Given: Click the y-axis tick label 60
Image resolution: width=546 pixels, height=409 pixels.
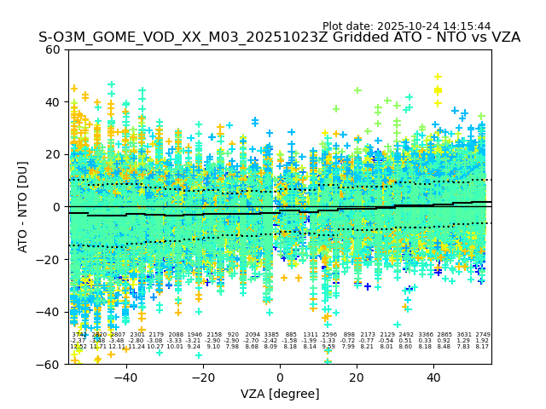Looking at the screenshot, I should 54,49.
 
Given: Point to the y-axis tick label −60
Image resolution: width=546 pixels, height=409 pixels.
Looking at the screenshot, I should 50,365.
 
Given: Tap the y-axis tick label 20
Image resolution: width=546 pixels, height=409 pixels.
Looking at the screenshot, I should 54,154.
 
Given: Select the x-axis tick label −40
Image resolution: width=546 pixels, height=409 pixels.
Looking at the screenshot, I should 125,377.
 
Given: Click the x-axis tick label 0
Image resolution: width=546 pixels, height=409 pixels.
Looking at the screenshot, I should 280,377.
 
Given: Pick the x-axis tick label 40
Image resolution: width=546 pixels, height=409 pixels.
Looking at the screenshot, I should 433,377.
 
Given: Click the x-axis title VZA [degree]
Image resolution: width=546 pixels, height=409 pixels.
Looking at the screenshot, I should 280,394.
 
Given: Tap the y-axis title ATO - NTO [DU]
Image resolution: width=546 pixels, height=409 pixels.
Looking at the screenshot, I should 24,206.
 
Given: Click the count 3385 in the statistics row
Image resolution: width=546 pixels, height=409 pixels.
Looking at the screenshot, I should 271,335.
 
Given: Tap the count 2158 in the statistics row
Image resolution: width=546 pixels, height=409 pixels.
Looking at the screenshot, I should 213,335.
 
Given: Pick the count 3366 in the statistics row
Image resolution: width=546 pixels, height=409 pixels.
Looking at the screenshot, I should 425,335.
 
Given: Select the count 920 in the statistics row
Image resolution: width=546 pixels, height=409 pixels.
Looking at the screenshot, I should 233,335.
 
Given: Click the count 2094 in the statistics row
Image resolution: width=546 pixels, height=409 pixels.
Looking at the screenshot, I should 253,335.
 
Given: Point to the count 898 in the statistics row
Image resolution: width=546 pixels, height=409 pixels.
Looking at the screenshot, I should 348,335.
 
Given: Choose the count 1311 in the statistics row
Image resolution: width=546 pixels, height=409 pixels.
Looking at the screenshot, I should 310,335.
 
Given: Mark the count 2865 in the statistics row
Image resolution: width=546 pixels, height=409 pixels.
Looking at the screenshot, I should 444,335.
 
